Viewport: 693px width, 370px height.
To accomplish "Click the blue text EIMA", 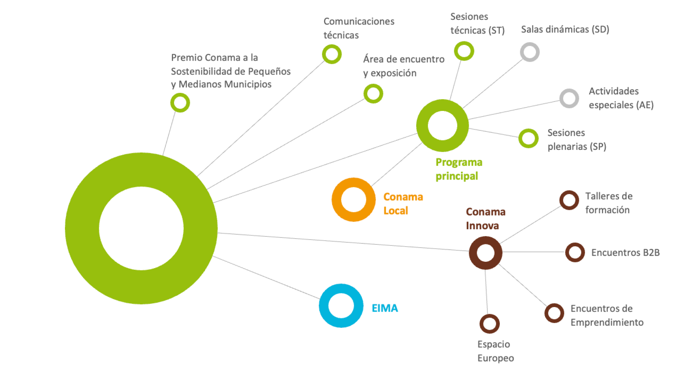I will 385,308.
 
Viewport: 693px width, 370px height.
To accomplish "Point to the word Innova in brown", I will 482,226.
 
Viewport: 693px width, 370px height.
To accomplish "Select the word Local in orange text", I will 396,210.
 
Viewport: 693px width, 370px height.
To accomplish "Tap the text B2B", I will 650,252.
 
